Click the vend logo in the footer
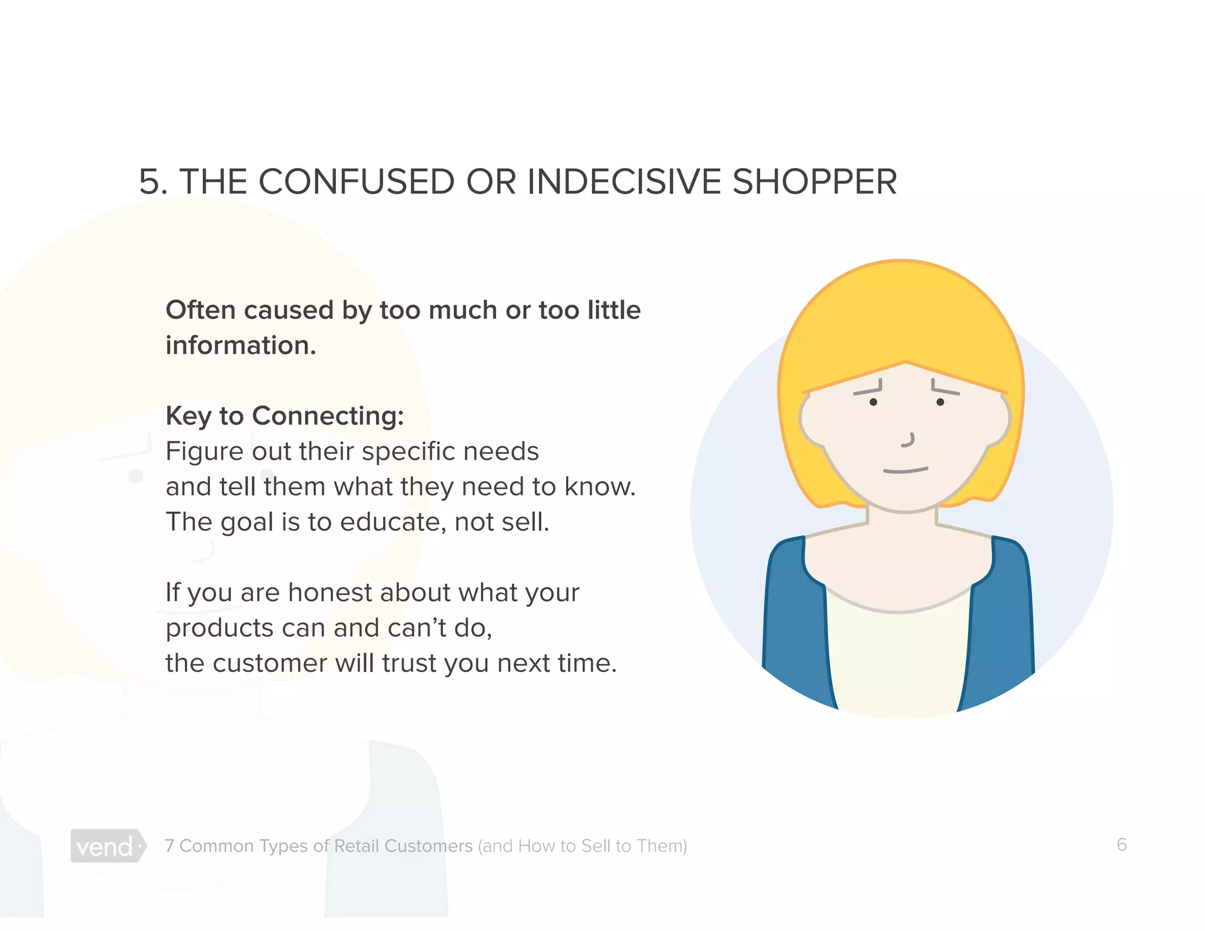(x=107, y=846)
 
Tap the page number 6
(x=1121, y=844)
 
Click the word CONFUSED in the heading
(x=357, y=181)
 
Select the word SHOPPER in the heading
(x=814, y=181)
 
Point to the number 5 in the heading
(x=149, y=181)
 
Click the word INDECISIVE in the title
(x=624, y=181)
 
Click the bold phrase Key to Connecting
(x=284, y=415)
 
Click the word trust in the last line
(x=410, y=663)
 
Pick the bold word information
(x=241, y=345)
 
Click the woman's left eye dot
(x=873, y=402)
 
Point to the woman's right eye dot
(x=940, y=402)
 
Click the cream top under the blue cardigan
(x=899, y=659)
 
